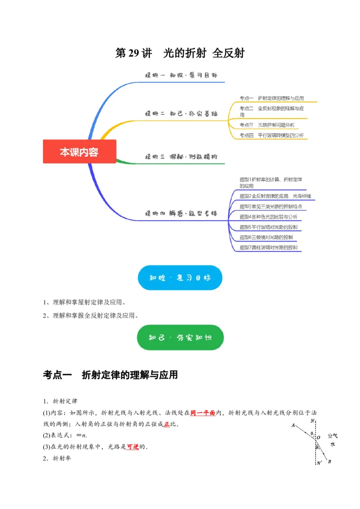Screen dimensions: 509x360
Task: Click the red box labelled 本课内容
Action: pos(79,152)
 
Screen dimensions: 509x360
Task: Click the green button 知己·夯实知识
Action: pos(180,337)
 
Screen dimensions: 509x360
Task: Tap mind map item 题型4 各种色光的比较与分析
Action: pos(268,216)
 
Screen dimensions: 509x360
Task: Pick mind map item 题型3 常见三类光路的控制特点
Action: pos(271,206)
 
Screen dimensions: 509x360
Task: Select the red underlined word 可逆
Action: pos(133,447)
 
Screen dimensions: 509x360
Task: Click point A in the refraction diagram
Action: pos(293,425)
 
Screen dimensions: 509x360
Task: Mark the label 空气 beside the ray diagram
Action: pos(333,436)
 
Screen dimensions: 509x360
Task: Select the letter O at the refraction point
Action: pos(319,437)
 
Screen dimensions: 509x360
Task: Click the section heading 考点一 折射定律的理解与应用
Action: pos(111,375)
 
